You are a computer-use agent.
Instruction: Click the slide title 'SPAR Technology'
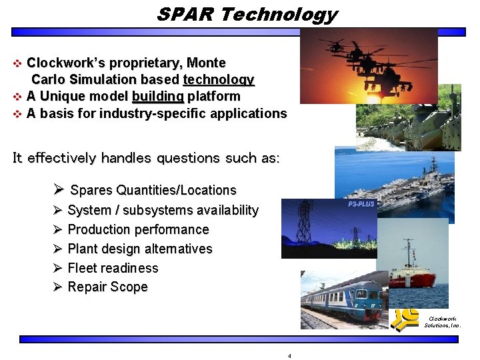(247, 14)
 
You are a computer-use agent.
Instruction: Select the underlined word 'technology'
(219, 80)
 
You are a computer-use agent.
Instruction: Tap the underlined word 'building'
(157, 96)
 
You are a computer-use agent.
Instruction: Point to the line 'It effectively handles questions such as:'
(146, 158)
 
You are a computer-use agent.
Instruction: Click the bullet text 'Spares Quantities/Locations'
(153, 190)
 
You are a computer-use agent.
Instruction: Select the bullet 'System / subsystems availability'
(163, 211)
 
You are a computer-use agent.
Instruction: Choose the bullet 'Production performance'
(138, 229)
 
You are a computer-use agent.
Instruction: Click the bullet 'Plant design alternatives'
(139, 249)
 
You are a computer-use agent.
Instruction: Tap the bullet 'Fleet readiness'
(113, 268)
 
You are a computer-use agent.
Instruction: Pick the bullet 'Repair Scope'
(107, 287)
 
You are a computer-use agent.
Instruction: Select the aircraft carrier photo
(400, 177)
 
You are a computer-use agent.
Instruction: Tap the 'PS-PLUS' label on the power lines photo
(361, 204)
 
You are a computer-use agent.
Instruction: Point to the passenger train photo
(343, 300)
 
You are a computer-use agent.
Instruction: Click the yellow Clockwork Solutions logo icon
(405, 319)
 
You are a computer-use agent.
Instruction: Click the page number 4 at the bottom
(289, 356)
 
